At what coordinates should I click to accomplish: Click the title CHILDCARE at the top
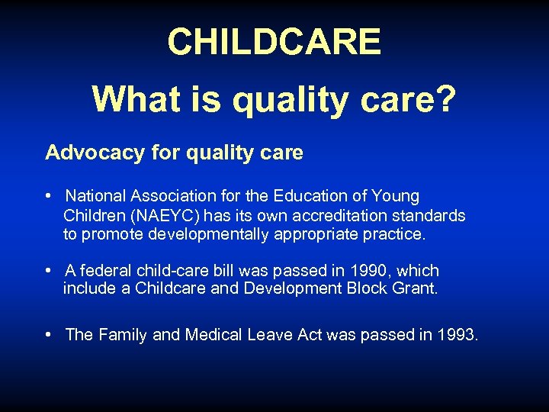tap(274, 42)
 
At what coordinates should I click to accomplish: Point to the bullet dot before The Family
tap(49, 335)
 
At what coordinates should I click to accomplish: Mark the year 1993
tap(458, 335)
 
